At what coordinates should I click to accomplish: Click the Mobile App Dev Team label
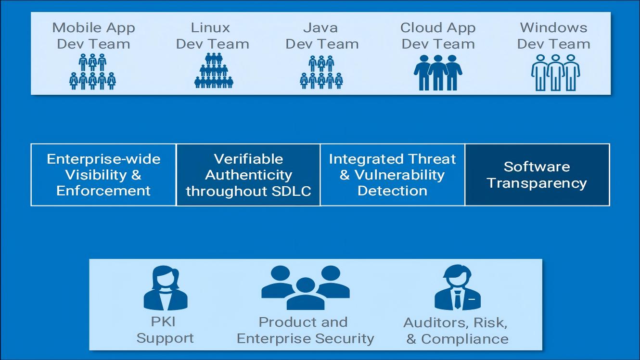pos(93,36)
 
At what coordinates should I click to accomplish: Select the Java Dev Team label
pos(322,36)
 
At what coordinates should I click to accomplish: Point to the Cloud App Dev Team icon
pos(438,72)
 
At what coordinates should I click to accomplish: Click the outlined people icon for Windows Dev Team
pos(555,72)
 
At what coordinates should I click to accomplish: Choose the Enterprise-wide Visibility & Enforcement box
pos(103,175)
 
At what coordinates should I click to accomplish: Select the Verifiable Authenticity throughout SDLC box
pos(248,175)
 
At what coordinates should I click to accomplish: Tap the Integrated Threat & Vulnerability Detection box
pos(392,175)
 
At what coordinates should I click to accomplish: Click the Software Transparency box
pos(537,175)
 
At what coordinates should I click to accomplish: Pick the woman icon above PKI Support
pos(165,289)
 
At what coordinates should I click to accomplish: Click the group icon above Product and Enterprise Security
pos(305,287)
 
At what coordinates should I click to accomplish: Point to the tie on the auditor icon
pos(457,299)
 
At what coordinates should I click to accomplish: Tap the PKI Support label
pos(165,330)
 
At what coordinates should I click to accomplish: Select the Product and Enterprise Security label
pos(305,330)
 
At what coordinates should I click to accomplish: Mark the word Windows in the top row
pos(553,27)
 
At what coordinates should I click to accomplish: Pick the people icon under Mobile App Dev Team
pos(93,72)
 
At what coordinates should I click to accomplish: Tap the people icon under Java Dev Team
pos(321,72)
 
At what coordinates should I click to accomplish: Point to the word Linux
pos(210,27)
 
